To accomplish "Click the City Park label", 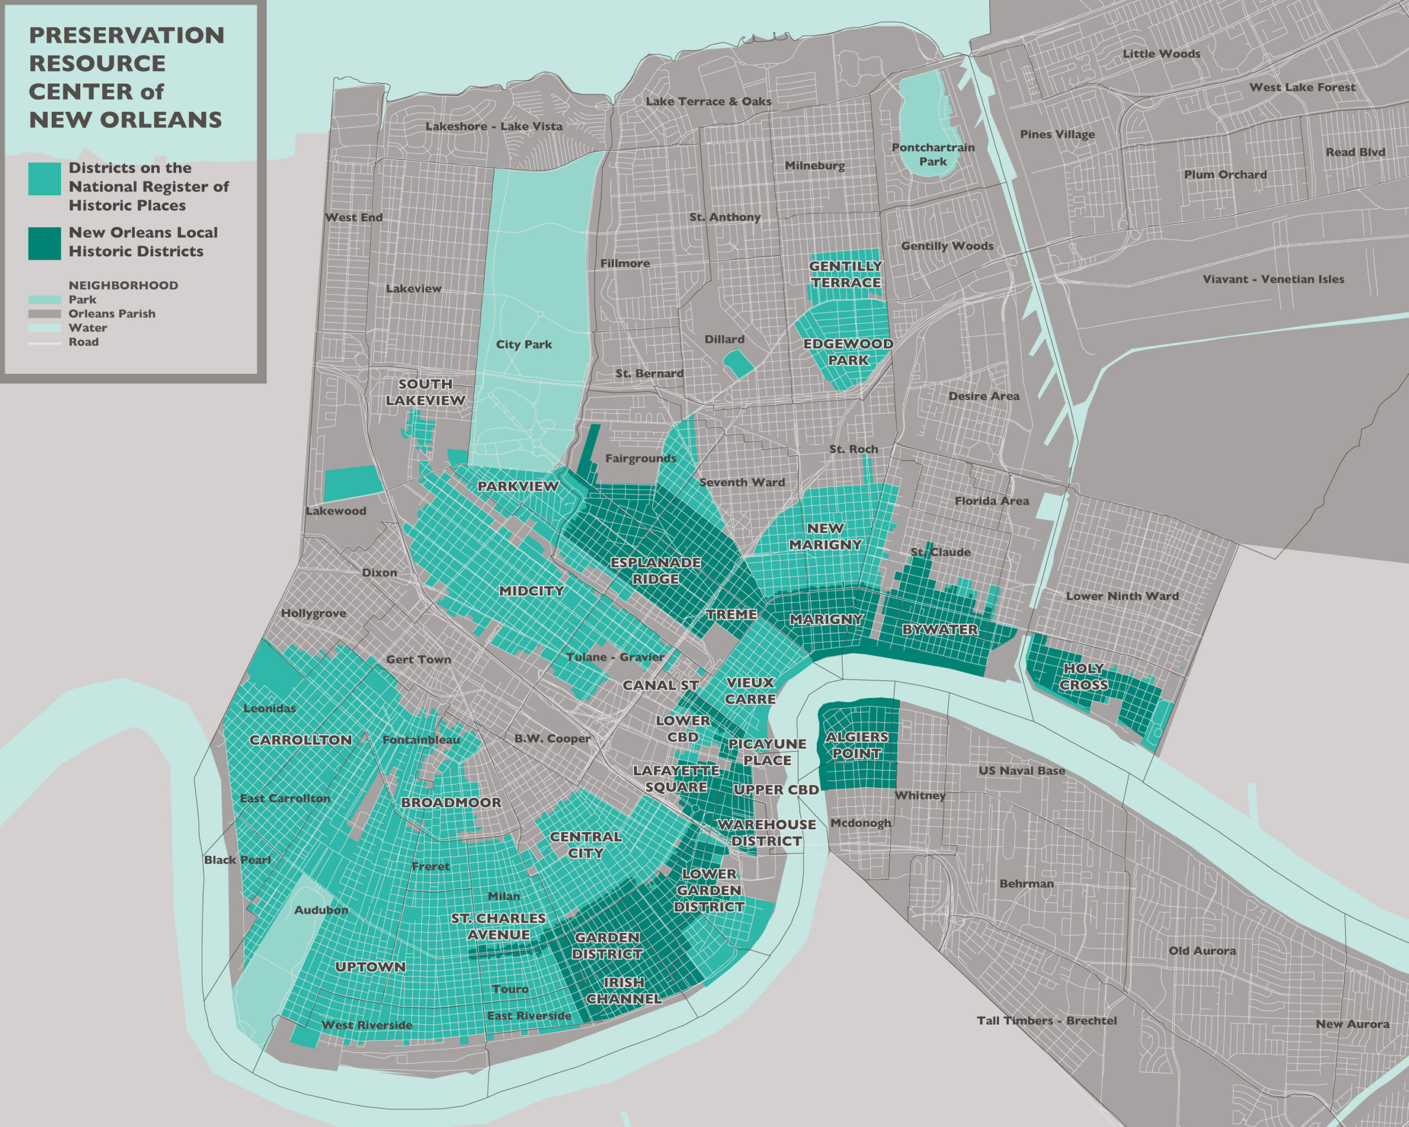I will coord(523,344).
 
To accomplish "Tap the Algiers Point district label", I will coord(857,745).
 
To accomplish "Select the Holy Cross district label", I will coord(1084,677).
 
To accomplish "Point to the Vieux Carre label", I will coord(750,691).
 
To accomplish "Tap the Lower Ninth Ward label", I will coord(1122,596).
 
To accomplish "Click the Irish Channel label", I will coord(624,991).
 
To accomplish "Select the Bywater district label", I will coord(940,629).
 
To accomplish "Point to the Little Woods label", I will coord(1161,53).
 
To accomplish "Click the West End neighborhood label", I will coord(353,217).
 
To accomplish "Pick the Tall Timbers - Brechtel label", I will coord(1046,1020).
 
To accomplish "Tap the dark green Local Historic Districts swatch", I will coord(45,243).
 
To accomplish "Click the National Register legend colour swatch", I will coord(45,178).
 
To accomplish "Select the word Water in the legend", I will coord(88,328).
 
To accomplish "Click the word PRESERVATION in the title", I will coord(126,35).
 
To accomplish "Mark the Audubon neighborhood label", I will coord(321,910).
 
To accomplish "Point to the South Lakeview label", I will coord(425,392).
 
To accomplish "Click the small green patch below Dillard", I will coord(739,363).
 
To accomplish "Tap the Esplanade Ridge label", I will coord(656,570).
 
